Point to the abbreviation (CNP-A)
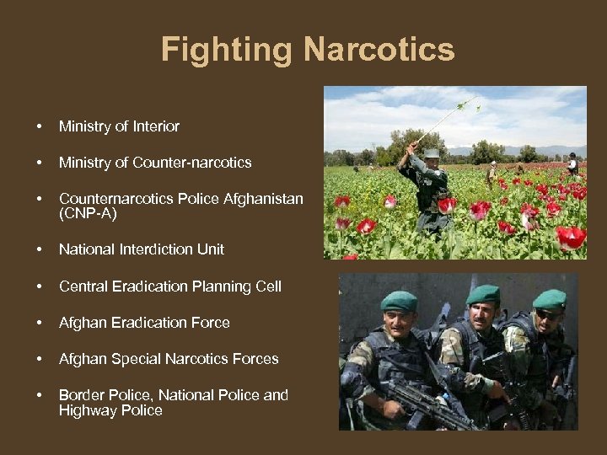[88, 214]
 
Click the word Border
[81, 394]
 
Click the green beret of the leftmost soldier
[399, 301]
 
